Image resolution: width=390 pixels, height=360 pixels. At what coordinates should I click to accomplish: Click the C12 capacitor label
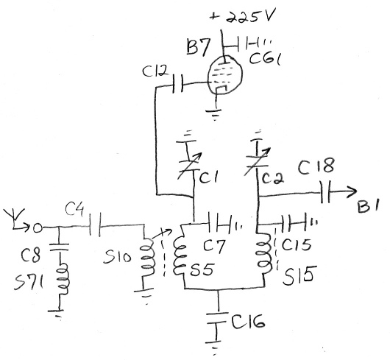click(155, 71)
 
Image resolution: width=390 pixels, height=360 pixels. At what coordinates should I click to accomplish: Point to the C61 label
click(265, 59)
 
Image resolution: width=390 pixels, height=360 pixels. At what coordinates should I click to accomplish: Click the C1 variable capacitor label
click(209, 177)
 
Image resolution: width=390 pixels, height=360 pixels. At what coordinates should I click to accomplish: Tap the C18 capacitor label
click(316, 166)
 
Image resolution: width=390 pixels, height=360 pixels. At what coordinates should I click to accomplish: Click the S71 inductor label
click(29, 283)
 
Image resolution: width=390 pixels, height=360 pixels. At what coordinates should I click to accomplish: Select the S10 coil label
click(117, 257)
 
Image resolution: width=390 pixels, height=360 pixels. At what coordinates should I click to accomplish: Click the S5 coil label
click(201, 269)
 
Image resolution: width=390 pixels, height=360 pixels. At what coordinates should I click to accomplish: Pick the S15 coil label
click(299, 275)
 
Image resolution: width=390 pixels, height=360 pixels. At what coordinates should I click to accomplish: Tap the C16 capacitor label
click(248, 321)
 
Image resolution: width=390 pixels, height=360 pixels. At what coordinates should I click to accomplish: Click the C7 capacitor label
click(213, 247)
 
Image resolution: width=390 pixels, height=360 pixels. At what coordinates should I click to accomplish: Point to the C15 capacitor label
click(296, 245)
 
